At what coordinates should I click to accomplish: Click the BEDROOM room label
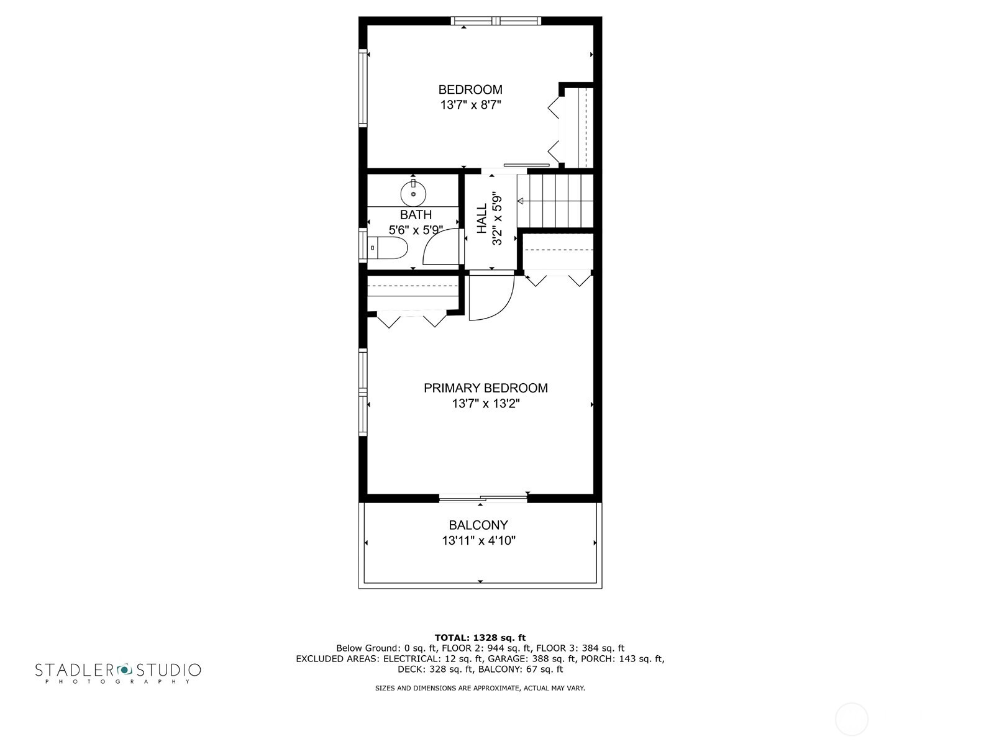tap(470, 89)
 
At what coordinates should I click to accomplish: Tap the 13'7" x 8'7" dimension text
tap(470, 105)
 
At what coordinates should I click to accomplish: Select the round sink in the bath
tap(413, 194)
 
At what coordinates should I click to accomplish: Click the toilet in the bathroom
tap(387, 248)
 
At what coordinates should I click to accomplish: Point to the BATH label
tap(416, 215)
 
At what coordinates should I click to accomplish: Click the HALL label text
tap(483, 219)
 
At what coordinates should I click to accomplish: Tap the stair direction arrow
tap(521, 201)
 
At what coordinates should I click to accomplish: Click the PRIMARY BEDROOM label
tap(486, 388)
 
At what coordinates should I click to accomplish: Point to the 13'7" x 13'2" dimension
tap(486, 404)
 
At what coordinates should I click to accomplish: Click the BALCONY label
tap(478, 525)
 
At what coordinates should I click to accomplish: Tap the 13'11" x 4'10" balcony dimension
tap(478, 541)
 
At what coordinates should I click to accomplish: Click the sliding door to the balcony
tap(483, 497)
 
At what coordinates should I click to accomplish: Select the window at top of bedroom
tap(496, 21)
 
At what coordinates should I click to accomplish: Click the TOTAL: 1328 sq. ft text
tap(480, 638)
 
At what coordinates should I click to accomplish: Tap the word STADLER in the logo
tap(74, 670)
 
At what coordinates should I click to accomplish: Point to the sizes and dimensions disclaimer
tap(480, 688)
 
